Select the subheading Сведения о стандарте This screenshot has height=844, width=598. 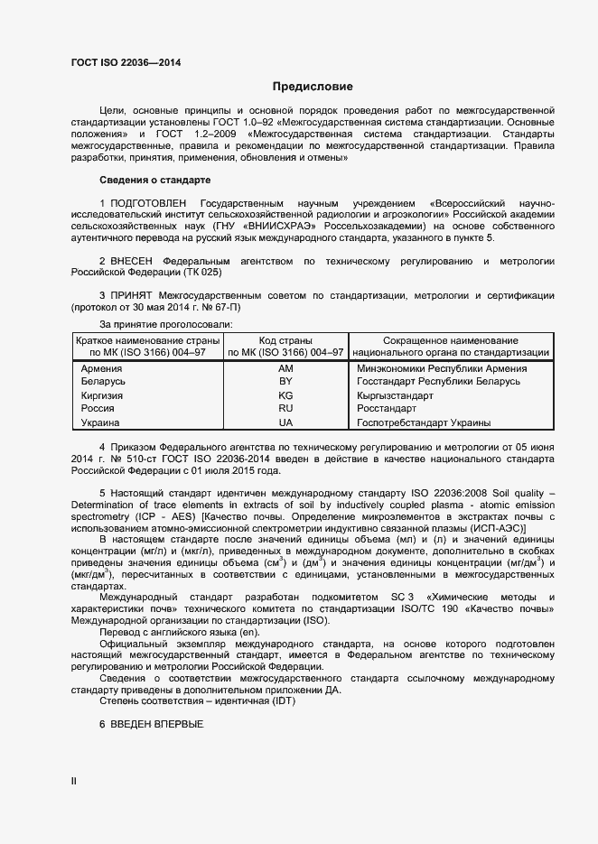pos(154,180)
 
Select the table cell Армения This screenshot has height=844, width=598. pos(101,369)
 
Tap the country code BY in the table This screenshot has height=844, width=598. pos(285,382)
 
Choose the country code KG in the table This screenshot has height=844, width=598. pos(285,395)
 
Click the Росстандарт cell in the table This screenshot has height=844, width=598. pos(387,409)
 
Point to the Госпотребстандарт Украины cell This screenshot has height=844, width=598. pos(424,422)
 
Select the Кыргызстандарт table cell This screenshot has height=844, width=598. pos(395,395)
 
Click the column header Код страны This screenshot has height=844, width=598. pos(285,339)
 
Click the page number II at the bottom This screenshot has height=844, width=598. pos(74,782)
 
